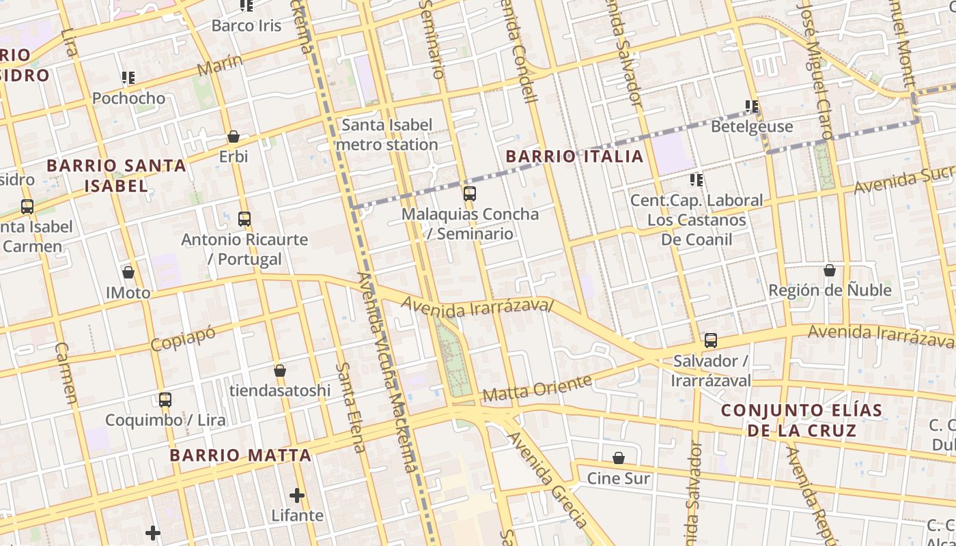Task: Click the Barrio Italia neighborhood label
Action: click(574, 156)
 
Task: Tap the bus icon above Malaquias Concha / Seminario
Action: click(470, 193)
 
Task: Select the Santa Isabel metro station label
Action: click(387, 134)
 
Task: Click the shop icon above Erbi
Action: click(234, 136)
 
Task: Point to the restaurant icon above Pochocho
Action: click(128, 78)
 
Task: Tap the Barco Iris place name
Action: click(247, 26)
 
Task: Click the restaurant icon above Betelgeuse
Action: click(752, 106)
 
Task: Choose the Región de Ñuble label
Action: click(830, 290)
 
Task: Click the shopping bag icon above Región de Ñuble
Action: click(830, 270)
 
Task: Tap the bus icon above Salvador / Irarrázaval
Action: click(711, 340)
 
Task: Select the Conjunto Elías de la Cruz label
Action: click(802, 420)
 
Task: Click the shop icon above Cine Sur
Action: click(619, 457)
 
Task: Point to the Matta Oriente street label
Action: click(537, 388)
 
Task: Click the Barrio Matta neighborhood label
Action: click(240, 455)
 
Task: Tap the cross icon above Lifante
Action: click(297, 495)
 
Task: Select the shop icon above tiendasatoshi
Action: click(280, 371)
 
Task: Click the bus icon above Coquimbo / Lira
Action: click(165, 399)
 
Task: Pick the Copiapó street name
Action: click(182, 339)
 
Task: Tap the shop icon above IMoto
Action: click(128, 272)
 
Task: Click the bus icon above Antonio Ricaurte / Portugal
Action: click(244, 219)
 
